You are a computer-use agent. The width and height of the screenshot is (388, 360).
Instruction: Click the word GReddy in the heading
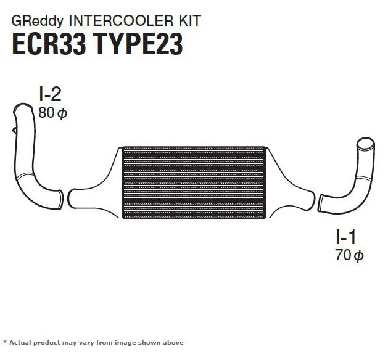(38, 21)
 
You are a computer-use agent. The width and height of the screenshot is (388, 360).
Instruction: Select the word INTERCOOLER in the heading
(122, 20)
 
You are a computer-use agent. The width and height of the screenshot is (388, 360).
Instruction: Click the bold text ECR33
(49, 44)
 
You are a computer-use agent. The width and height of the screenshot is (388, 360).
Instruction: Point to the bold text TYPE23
(138, 44)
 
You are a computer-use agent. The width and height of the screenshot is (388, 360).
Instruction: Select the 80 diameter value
(46, 113)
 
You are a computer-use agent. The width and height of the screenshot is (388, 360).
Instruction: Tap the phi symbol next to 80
(62, 114)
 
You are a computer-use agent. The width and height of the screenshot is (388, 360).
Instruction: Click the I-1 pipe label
(346, 237)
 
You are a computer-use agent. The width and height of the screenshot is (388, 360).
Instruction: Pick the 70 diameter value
(343, 255)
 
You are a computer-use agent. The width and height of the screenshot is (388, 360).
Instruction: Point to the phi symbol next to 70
(359, 256)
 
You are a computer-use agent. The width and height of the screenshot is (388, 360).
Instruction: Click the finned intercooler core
(194, 182)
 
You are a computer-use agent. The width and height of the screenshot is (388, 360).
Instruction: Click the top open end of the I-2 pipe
(23, 108)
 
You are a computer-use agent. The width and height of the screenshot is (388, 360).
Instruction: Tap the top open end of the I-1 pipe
(365, 144)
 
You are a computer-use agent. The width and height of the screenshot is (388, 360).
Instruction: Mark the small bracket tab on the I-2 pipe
(14, 130)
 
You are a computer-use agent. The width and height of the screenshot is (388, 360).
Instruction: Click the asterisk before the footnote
(5, 342)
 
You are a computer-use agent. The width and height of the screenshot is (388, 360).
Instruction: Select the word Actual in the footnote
(20, 343)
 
